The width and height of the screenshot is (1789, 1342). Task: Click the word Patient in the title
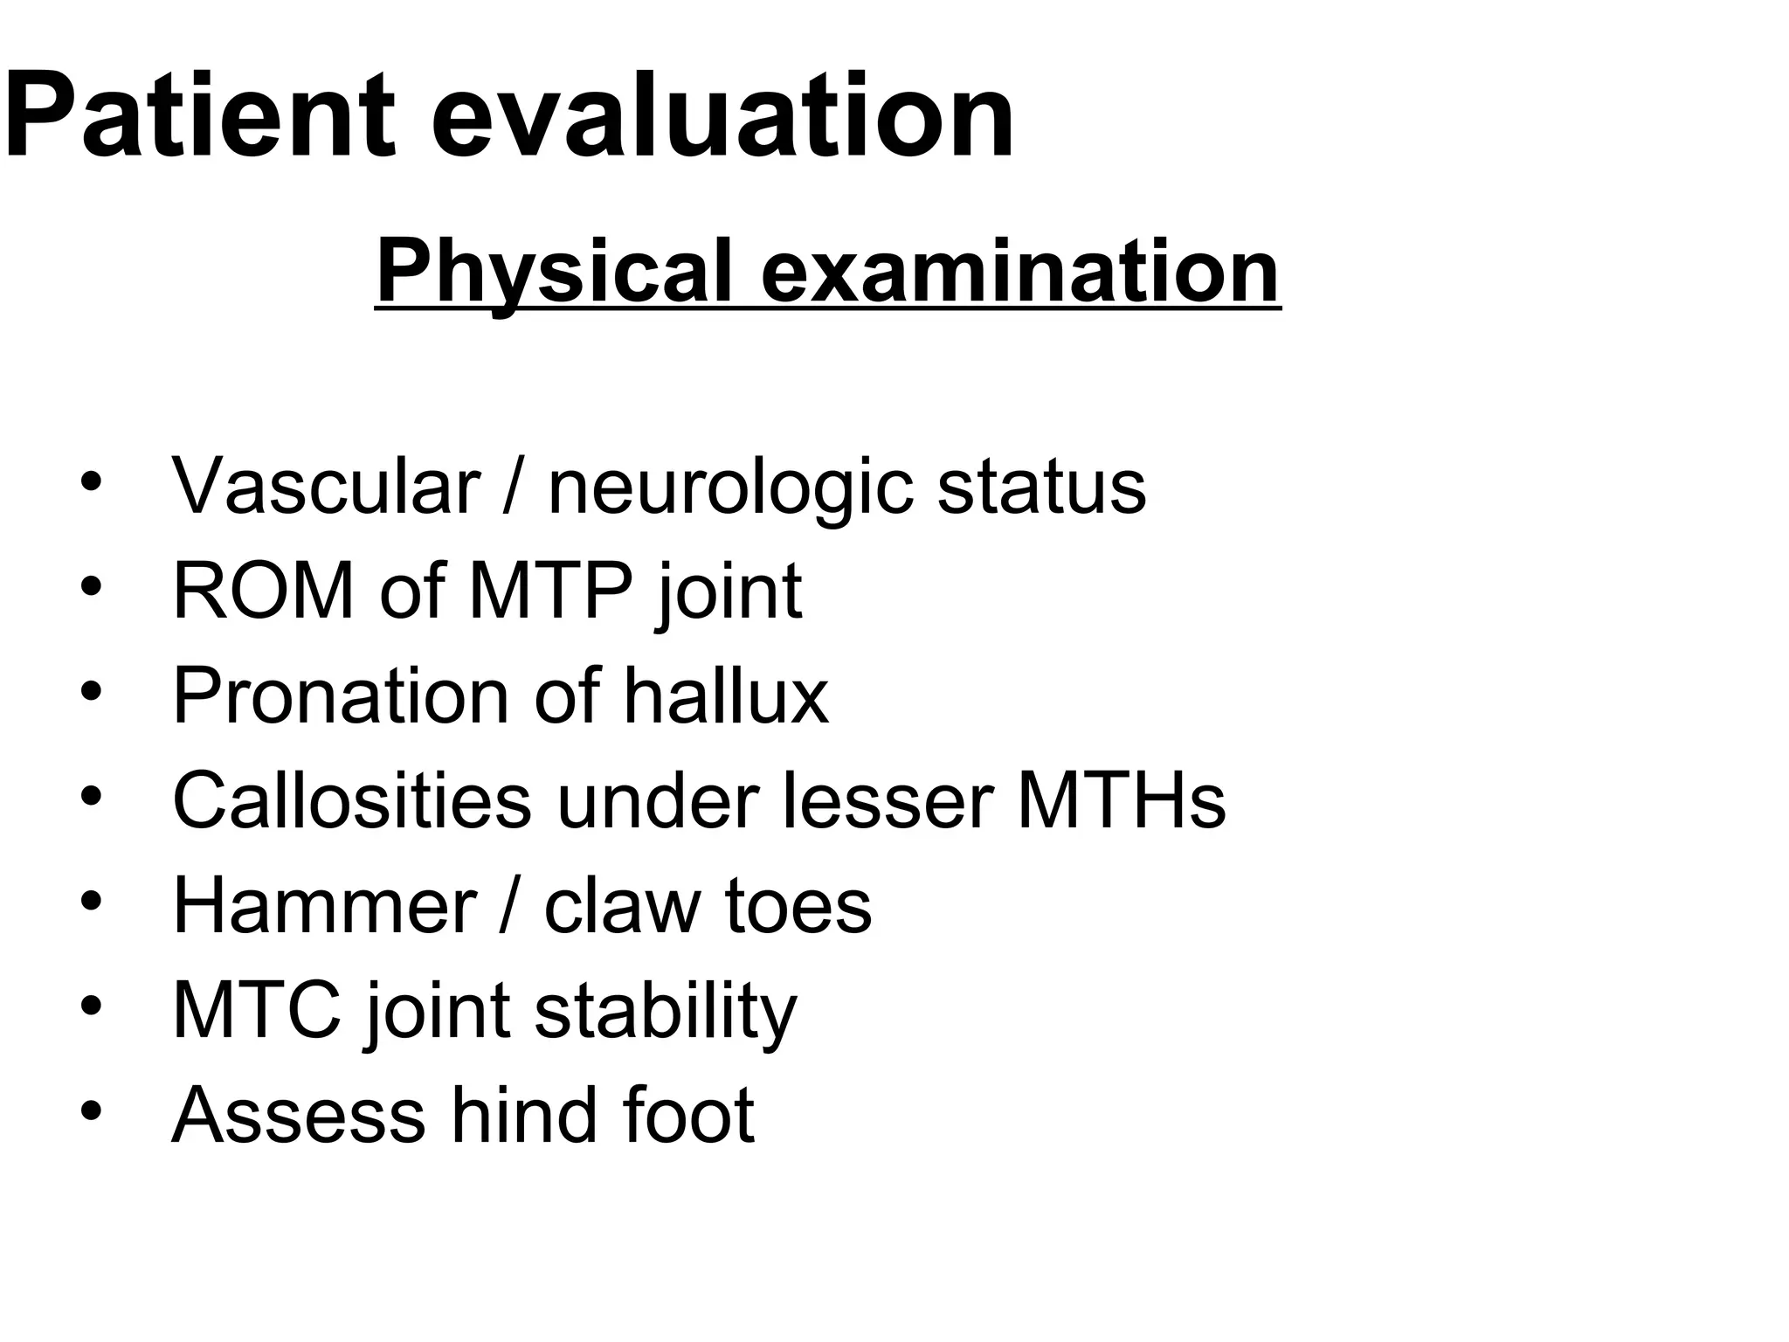point(201,115)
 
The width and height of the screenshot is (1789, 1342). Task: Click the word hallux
point(726,695)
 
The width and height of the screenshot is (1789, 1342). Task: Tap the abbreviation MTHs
point(1122,800)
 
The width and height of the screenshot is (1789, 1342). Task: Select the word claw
point(621,905)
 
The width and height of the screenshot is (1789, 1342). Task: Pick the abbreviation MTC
point(257,1010)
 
